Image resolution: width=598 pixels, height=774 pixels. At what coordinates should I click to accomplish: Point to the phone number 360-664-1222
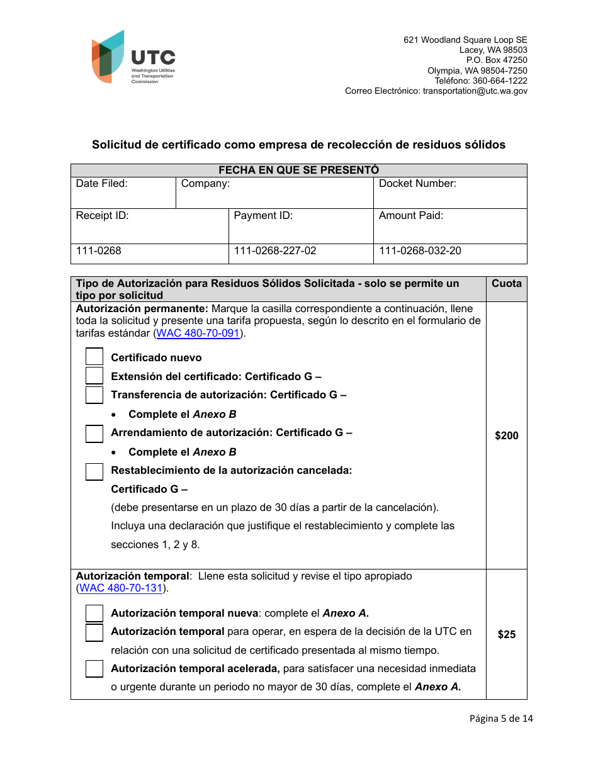point(501,81)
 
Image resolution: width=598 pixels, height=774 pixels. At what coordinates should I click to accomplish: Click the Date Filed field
point(123,193)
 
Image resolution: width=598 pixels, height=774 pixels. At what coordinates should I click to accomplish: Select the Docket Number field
point(449,193)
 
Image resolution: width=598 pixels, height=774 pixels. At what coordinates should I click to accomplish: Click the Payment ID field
point(300,226)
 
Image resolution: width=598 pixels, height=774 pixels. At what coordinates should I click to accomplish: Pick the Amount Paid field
point(449,226)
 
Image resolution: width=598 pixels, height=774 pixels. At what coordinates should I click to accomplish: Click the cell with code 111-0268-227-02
point(275,251)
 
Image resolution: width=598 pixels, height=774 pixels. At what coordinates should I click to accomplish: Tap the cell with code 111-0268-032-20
point(420,251)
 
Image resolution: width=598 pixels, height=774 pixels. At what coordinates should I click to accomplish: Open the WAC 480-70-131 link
point(120,588)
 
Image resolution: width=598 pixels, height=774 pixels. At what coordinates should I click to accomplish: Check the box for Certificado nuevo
point(94,357)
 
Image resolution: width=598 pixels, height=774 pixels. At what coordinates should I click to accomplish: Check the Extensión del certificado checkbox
point(94,376)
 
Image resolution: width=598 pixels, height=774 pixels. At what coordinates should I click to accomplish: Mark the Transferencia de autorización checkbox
point(94,395)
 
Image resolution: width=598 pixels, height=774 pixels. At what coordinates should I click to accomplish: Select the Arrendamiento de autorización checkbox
point(94,434)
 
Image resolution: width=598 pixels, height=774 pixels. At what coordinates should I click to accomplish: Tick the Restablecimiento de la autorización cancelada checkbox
point(94,471)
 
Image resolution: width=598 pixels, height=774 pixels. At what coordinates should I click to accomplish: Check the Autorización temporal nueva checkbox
point(94,613)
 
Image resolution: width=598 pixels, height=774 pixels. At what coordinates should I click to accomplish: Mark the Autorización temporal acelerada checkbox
point(94,668)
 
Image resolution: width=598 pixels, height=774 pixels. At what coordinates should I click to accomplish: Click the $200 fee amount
point(506,435)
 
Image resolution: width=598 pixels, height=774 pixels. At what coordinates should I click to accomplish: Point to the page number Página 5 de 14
point(501,719)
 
